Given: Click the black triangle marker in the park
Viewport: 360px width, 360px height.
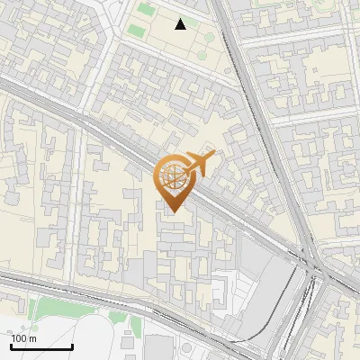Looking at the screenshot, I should [181, 24].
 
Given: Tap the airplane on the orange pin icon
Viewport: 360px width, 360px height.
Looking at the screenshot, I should [200, 163].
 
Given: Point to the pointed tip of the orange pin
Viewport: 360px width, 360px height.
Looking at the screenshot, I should [171, 211].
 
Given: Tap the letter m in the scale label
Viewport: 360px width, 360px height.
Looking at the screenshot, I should [32, 338].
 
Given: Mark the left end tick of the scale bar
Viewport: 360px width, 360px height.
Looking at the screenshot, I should [10, 346].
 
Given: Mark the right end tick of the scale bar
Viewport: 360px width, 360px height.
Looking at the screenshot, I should [73, 346].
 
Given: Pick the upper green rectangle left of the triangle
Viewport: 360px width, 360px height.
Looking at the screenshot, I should [146, 9].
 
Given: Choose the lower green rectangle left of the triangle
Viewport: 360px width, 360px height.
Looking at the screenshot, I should [135, 32].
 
